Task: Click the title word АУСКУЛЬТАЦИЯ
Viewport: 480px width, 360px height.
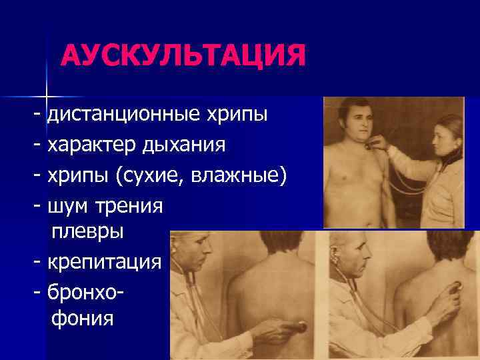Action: point(183,55)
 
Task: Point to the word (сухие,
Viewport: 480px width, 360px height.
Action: point(151,175)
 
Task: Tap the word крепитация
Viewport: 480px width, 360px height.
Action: point(104,262)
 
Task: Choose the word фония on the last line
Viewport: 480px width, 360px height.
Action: point(83,318)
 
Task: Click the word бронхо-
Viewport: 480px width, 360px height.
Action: point(88,291)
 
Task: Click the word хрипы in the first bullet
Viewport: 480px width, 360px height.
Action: point(240,115)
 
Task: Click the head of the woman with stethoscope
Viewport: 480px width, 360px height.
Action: point(447,137)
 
